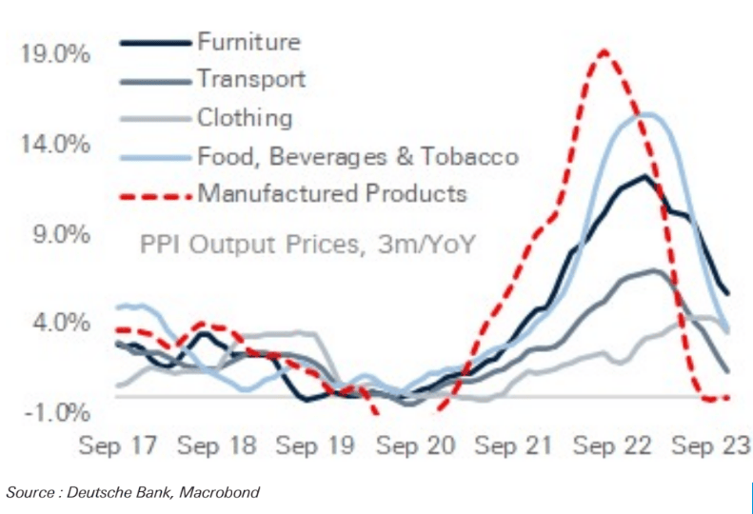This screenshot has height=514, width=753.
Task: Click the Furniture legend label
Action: coord(248,42)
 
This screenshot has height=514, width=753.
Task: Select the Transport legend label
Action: coord(251,79)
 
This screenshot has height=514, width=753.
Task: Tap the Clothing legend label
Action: coord(245,118)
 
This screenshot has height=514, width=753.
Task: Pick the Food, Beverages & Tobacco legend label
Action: coord(358,156)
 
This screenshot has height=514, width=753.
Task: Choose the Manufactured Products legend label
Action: coord(332,193)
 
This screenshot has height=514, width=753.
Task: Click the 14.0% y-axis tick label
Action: coord(56,145)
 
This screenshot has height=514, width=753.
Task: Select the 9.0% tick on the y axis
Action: coord(61,234)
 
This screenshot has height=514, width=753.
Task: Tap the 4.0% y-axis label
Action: coord(61,324)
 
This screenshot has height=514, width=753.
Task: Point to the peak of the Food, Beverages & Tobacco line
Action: coord(646,115)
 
